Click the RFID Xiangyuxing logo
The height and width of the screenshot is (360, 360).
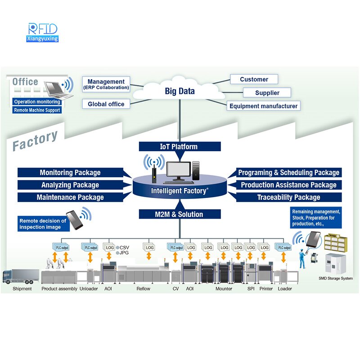tap(43, 32)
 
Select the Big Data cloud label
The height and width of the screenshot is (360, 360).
tap(180, 91)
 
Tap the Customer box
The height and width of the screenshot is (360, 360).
tap(254, 80)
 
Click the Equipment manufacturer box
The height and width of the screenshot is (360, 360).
tap(263, 106)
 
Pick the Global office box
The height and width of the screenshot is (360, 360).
tap(106, 104)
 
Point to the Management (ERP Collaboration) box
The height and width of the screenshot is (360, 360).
tap(106, 84)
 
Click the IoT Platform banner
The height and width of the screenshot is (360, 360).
tap(180, 146)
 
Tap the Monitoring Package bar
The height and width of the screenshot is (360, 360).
tap(70, 173)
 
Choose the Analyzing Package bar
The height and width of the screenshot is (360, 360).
tap(70, 185)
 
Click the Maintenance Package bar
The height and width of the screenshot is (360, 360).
tap(70, 197)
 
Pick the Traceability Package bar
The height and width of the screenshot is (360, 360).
tap(288, 197)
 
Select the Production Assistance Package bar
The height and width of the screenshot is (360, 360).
tap(288, 185)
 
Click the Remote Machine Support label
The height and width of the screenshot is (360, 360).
tap(36, 110)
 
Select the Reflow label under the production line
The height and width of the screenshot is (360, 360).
tap(143, 289)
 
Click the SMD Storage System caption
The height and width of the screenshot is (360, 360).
tap(335, 279)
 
